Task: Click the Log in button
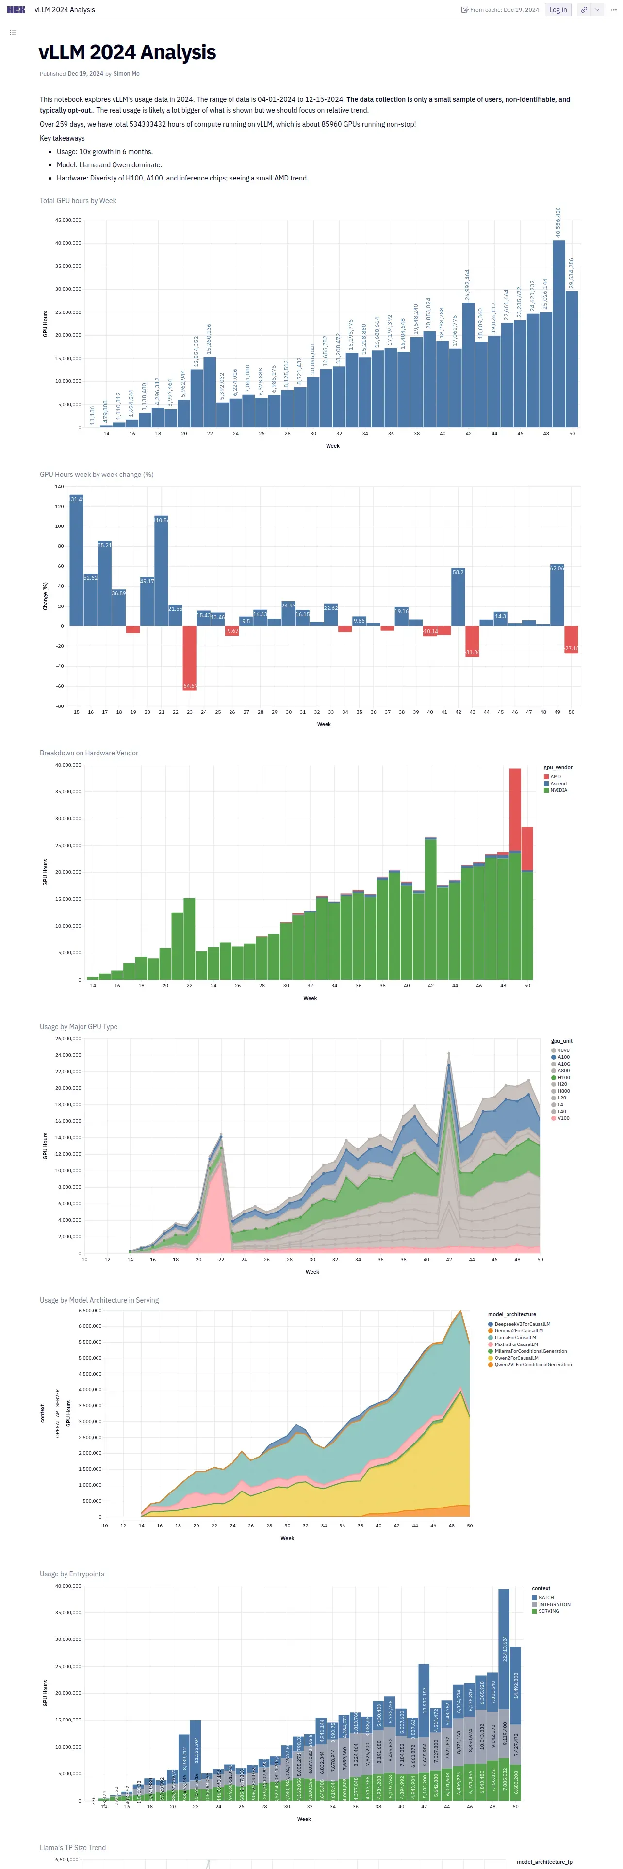[x=557, y=9]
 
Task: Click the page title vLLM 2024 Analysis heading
[x=127, y=52]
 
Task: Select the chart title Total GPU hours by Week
[x=78, y=201]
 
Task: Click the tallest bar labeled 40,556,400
[x=558, y=334]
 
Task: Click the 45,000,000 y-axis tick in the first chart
[x=68, y=220]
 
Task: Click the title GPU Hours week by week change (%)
[x=97, y=475]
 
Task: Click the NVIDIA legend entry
[x=558, y=790]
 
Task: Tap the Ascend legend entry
[x=557, y=784]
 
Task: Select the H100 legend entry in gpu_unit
[x=563, y=1078]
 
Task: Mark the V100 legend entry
[x=563, y=1118]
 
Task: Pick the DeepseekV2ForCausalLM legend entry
[x=522, y=1324]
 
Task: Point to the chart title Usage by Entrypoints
[x=72, y=1574]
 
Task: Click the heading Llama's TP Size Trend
[x=72, y=1847]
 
